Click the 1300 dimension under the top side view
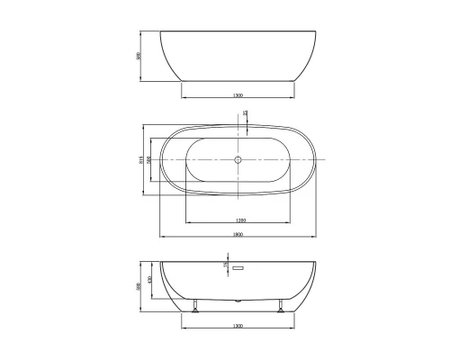(238, 94)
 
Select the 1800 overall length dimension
(238, 234)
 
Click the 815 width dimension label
(141, 160)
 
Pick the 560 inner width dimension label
(149, 160)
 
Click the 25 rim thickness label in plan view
(246, 113)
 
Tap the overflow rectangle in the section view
(238, 267)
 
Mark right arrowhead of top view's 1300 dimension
(294, 97)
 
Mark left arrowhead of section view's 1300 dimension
(184, 328)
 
